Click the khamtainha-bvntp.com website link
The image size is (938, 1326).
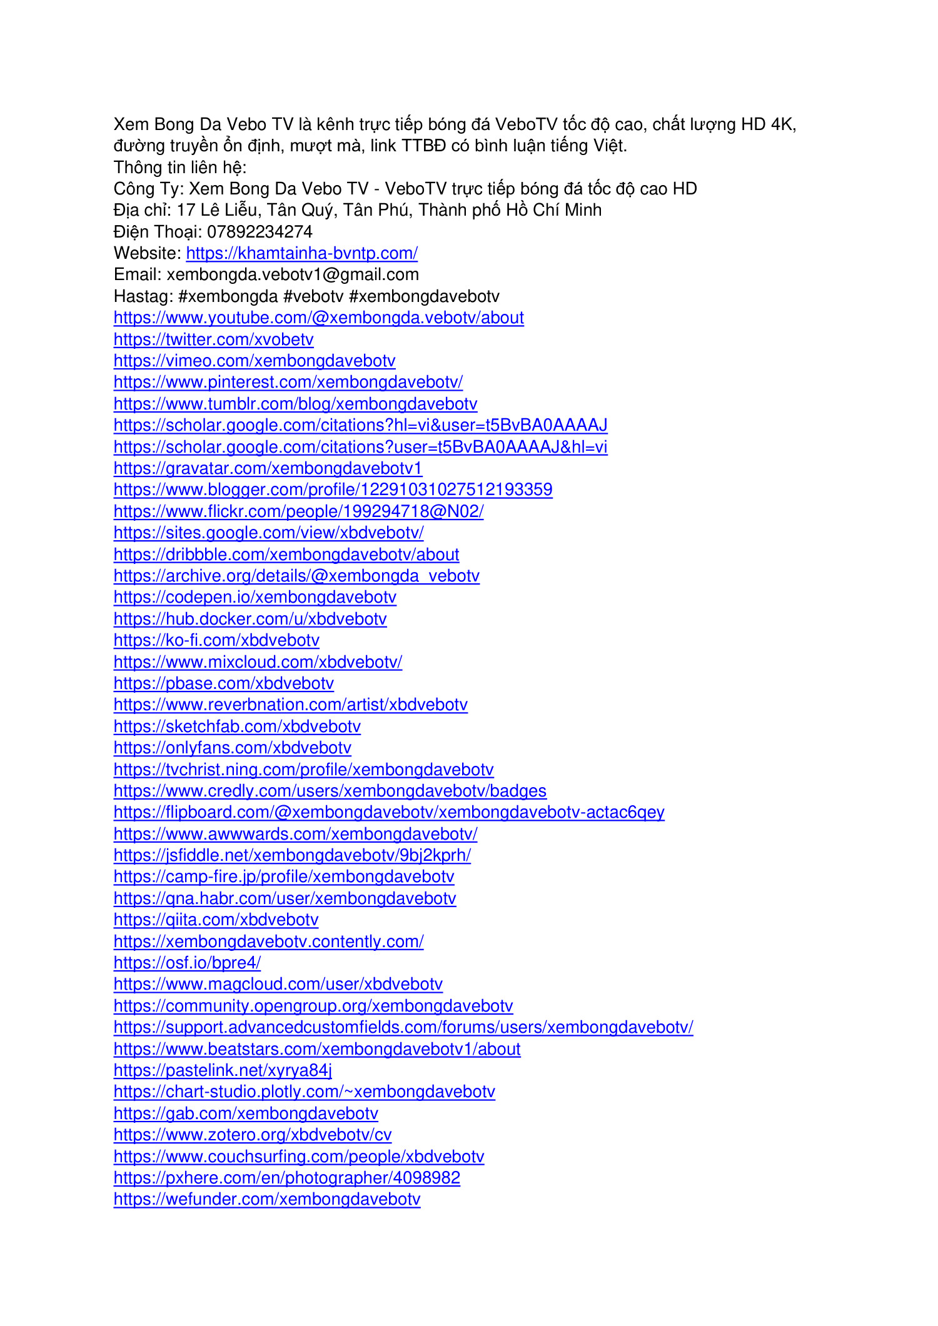click(301, 253)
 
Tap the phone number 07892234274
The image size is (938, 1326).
click(260, 232)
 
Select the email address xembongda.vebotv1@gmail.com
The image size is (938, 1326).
click(293, 274)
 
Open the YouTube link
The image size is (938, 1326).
click(318, 318)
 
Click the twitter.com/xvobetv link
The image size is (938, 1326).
click(213, 339)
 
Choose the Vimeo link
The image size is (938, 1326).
click(255, 361)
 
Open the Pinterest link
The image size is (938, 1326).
click(288, 382)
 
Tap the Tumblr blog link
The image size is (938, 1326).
click(295, 404)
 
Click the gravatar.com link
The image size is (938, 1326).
click(268, 468)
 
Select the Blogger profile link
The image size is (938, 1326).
click(333, 490)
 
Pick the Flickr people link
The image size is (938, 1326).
click(298, 511)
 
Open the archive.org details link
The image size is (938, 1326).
click(296, 576)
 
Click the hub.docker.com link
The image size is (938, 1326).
click(250, 619)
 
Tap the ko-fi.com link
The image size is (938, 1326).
click(216, 640)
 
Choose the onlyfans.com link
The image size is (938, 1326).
click(232, 748)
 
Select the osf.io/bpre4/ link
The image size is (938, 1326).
click(187, 963)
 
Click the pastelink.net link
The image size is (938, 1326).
click(223, 1070)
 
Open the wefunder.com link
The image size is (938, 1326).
click(267, 1199)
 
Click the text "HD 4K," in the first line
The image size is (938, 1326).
click(769, 124)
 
